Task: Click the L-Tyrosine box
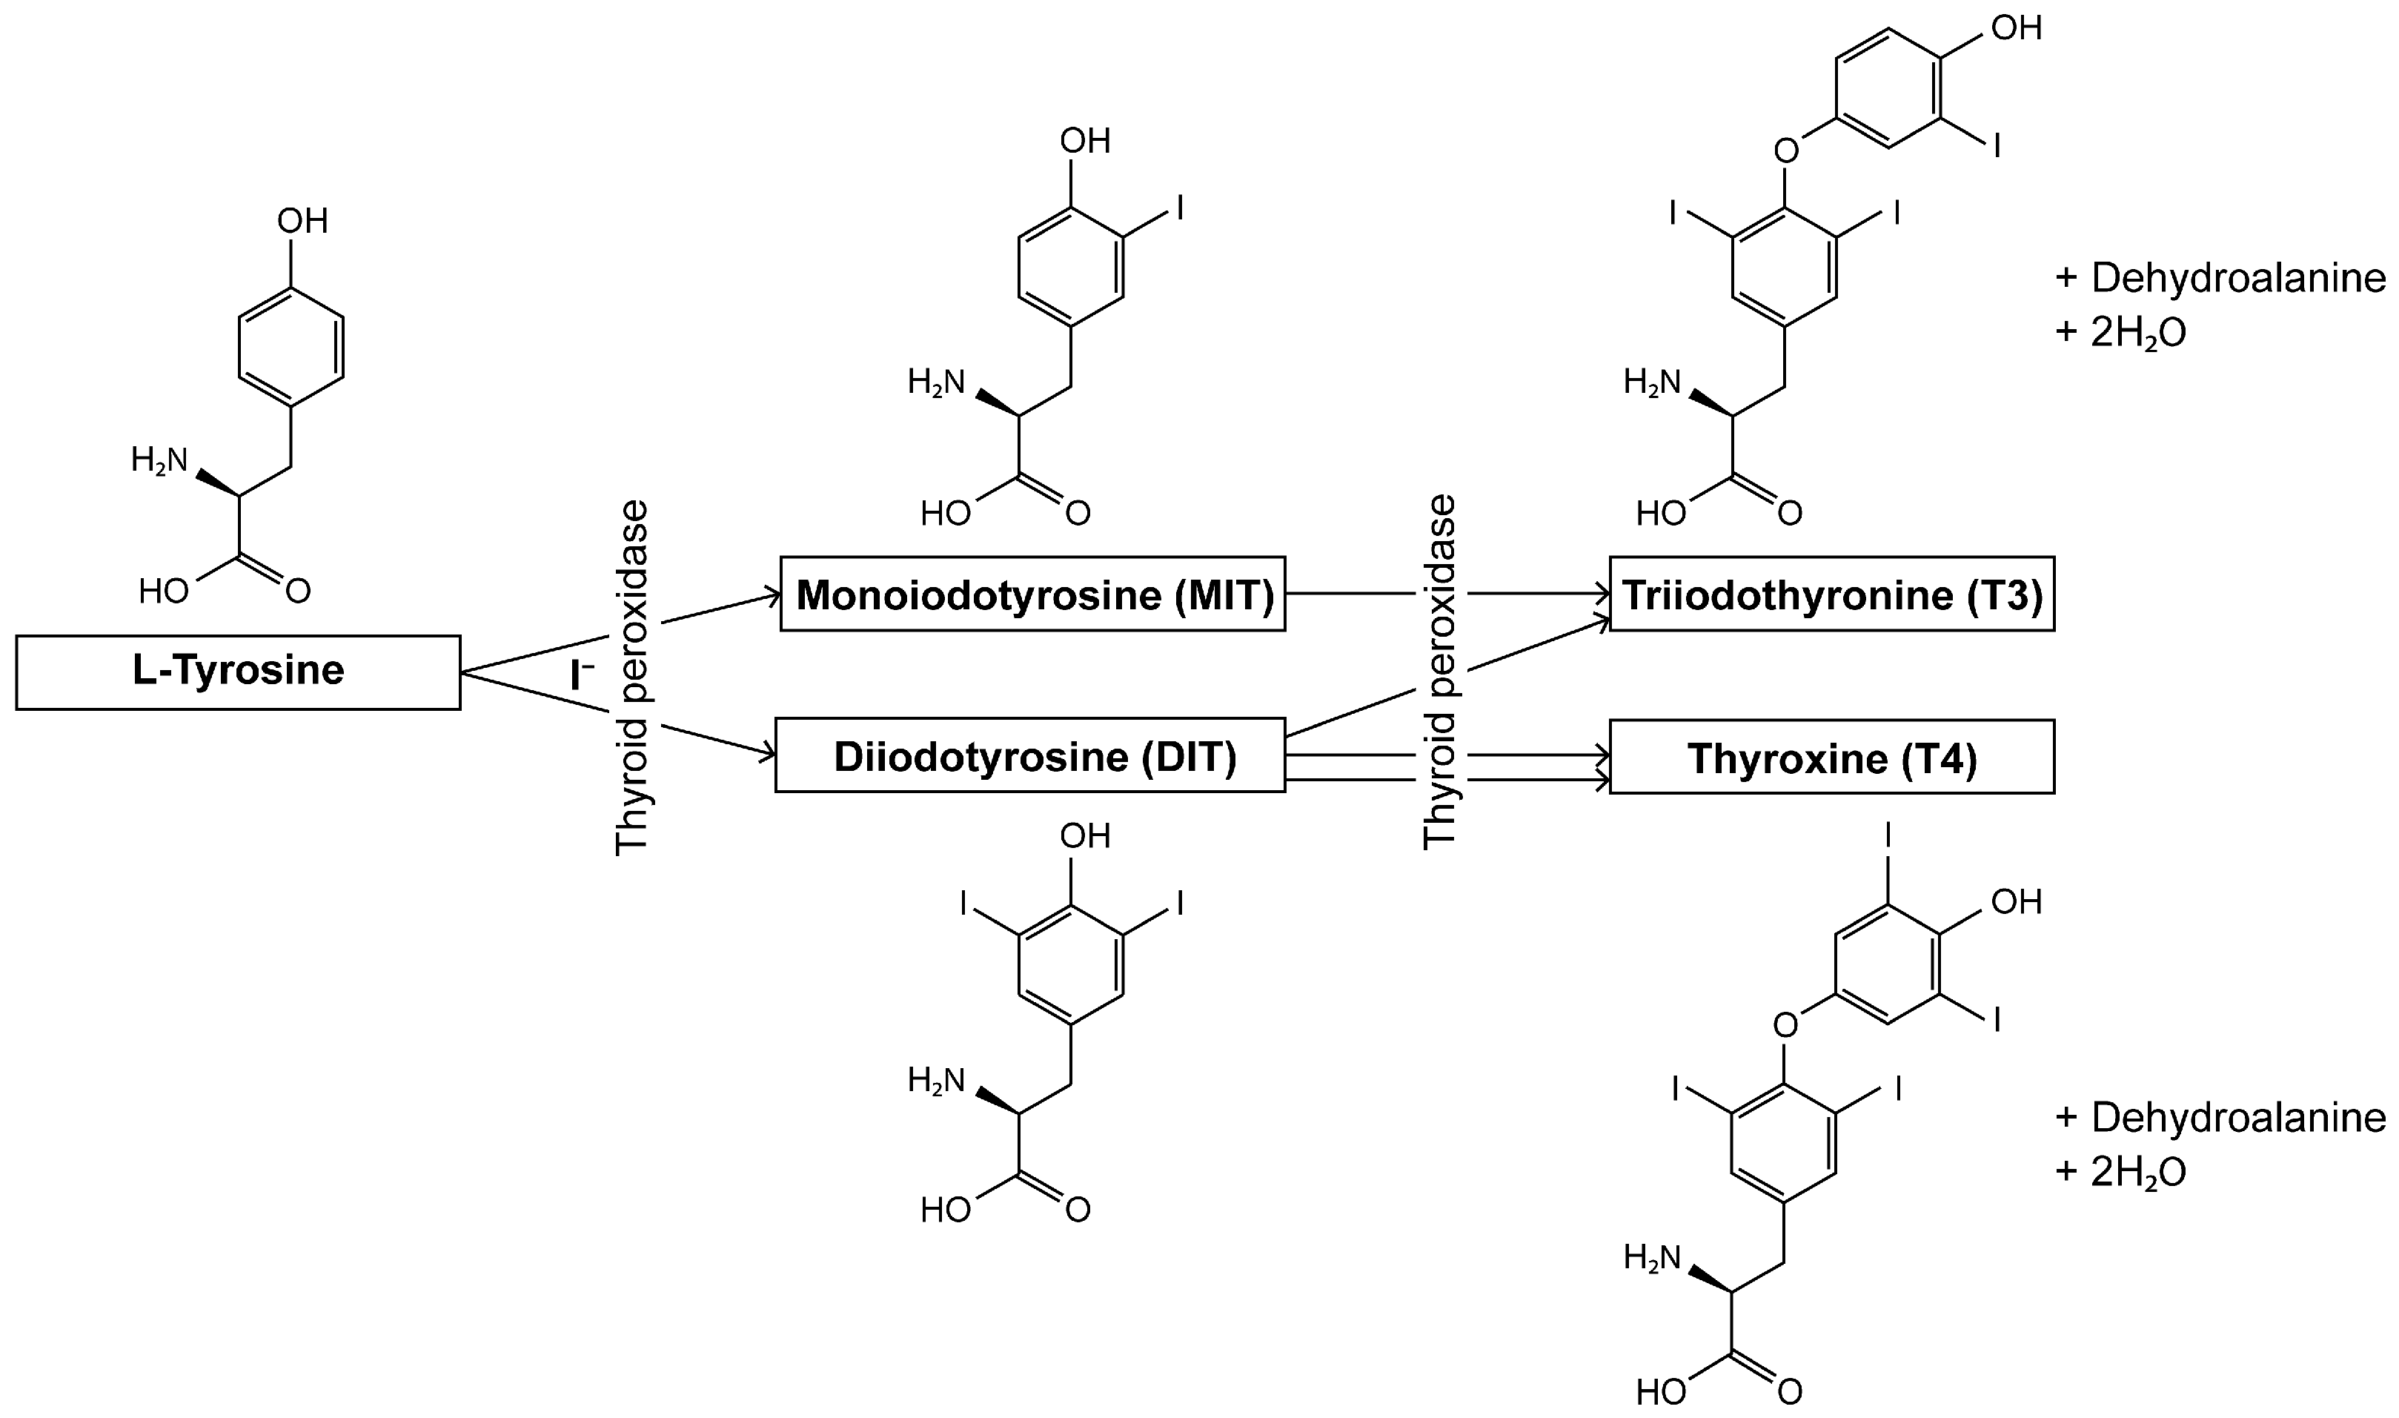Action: (238, 672)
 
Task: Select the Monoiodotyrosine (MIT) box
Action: (1033, 594)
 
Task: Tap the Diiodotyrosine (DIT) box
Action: (1030, 756)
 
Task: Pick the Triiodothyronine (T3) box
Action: (1831, 594)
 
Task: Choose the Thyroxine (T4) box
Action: (1831, 757)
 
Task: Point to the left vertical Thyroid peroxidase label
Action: (632, 677)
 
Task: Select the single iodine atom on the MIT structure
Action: (1180, 208)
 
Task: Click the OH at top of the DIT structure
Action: (1085, 837)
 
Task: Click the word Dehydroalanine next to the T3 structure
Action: (2237, 278)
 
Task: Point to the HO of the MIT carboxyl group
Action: (945, 515)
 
